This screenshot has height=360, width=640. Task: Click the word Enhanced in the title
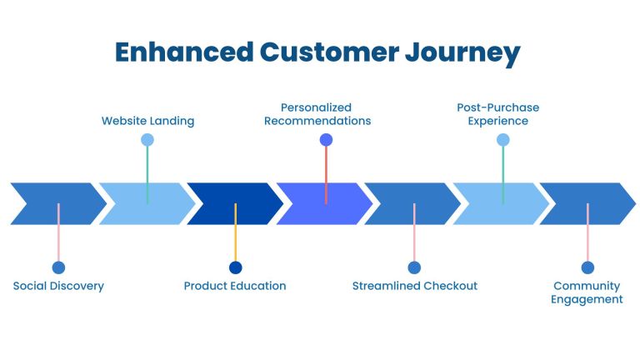click(x=183, y=52)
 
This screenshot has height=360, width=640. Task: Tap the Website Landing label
click(x=147, y=121)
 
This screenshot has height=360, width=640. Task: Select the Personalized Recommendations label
click(x=317, y=114)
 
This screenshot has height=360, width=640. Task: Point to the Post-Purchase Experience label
click(x=497, y=114)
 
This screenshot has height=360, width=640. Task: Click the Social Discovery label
click(x=58, y=286)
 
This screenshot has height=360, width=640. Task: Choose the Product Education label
click(x=235, y=286)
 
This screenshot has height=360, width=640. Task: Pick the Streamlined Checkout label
click(x=414, y=286)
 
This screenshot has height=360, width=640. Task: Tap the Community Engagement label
click(x=587, y=292)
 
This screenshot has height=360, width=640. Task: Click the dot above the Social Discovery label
click(x=58, y=267)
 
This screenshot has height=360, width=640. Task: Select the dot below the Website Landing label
click(x=147, y=140)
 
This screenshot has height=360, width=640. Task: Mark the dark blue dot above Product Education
click(x=235, y=267)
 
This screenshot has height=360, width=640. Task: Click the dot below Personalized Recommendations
click(x=326, y=140)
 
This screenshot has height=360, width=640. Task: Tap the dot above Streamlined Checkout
click(x=414, y=267)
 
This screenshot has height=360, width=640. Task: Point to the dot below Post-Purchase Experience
click(x=502, y=140)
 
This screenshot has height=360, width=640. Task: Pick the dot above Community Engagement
click(x=587, y=267)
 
